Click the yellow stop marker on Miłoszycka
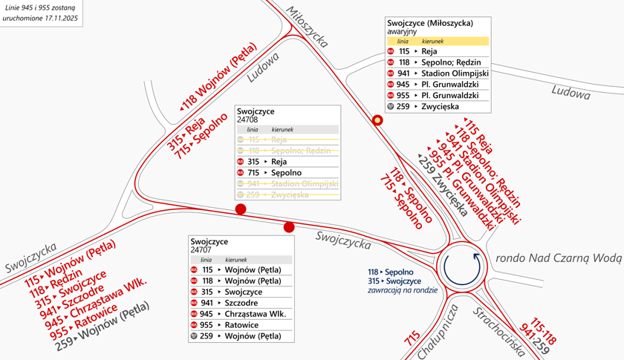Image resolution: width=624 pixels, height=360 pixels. [377, 120]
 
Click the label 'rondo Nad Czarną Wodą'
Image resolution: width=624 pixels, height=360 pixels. [557, 258]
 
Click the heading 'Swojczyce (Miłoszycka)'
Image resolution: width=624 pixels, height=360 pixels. [430, 23]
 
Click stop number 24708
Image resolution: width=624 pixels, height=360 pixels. [247, 120]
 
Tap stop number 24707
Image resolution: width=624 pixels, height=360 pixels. [201, 250]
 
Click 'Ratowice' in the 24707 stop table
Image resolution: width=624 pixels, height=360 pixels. [241, 325]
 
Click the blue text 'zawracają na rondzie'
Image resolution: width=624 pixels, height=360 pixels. [398, 290]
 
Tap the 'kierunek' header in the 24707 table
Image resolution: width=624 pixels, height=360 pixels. [235, 260]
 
